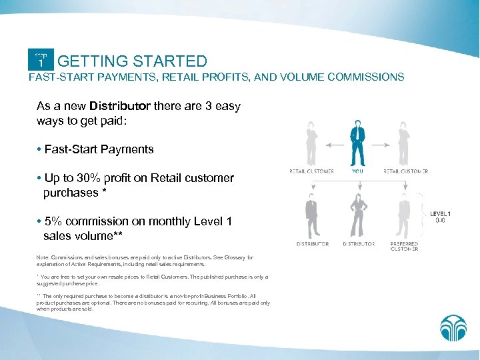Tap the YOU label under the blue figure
pos(357,171)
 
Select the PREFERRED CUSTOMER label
pos(405,246)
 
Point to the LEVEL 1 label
pos(440,214)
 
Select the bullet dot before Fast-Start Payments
pos(39,150)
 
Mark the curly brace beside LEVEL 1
pos(422,213)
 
